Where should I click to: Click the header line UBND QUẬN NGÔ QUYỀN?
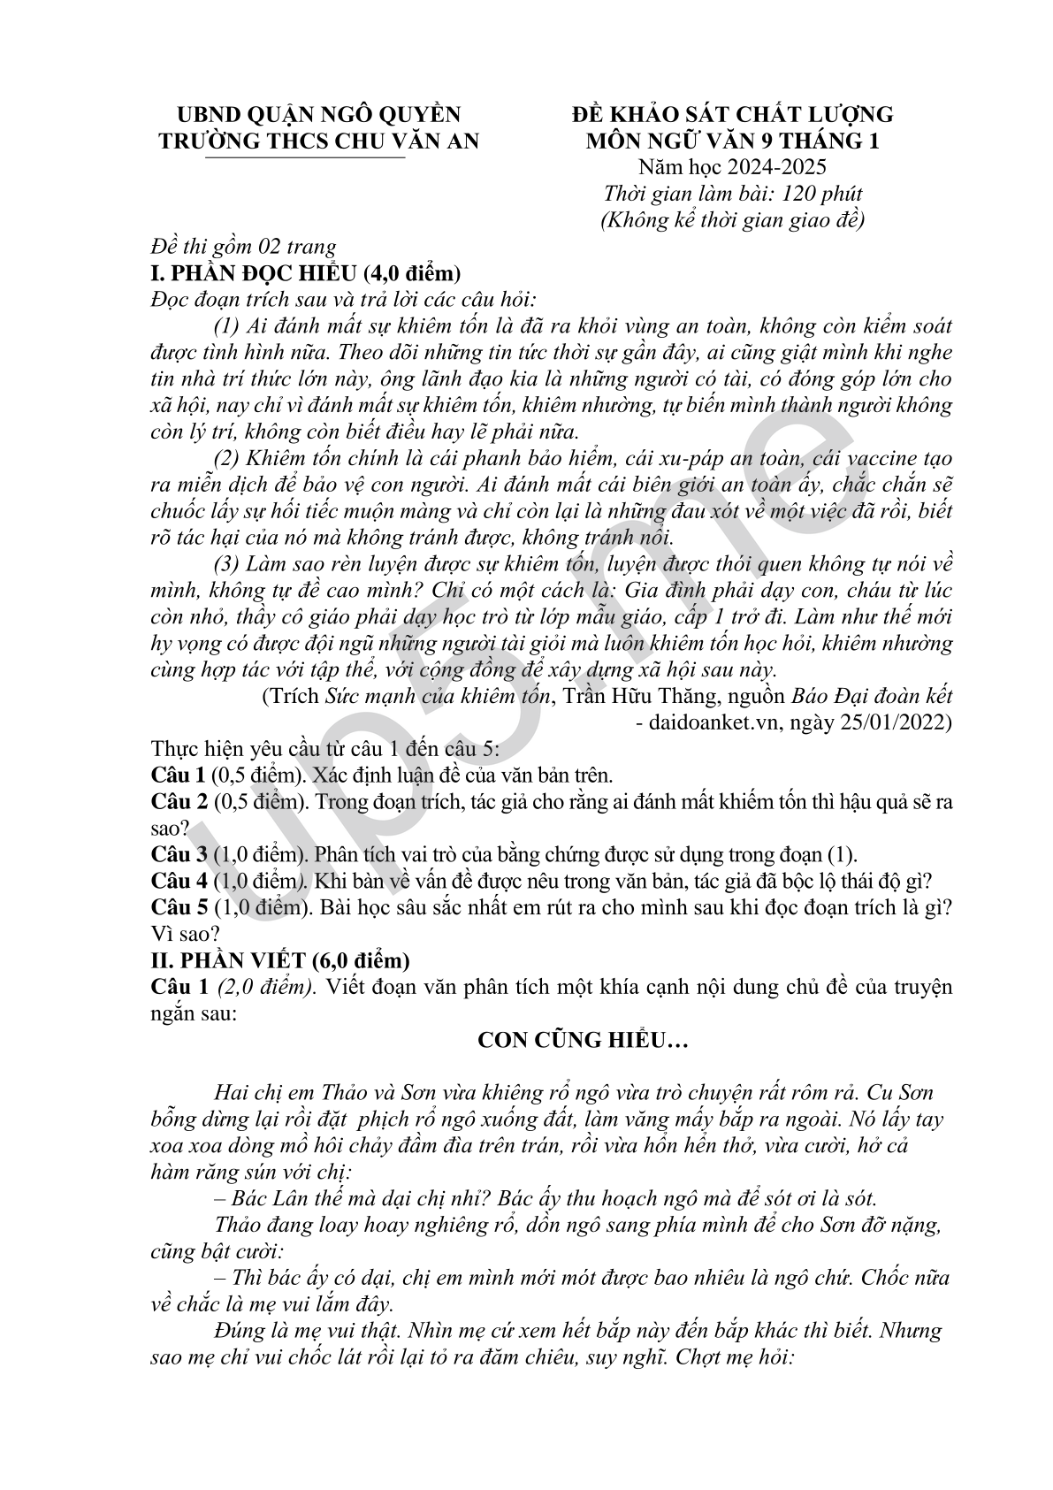tap(318, 114)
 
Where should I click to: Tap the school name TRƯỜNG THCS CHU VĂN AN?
tap(318, 141)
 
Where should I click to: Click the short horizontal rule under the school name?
tap(304, 158)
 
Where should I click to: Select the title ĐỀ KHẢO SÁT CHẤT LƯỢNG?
tap(732, 114)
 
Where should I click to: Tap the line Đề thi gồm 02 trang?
tap(243, 247)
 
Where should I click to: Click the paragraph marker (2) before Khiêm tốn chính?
tap(227, 458)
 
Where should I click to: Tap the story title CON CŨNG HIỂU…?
tap(583, 1040)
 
